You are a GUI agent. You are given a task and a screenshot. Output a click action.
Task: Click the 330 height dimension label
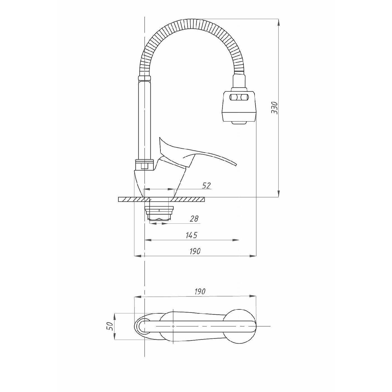coord(274,108)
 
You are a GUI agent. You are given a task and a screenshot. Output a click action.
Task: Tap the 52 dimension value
coord(206,185)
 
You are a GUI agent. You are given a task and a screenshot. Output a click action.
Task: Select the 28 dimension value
coord(194,219)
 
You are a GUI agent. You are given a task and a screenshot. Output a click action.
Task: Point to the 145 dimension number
coord(192,235)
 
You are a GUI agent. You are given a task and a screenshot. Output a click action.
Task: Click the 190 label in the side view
coord(195,251)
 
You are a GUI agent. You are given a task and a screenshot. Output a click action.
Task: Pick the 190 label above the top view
coord(200,292)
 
